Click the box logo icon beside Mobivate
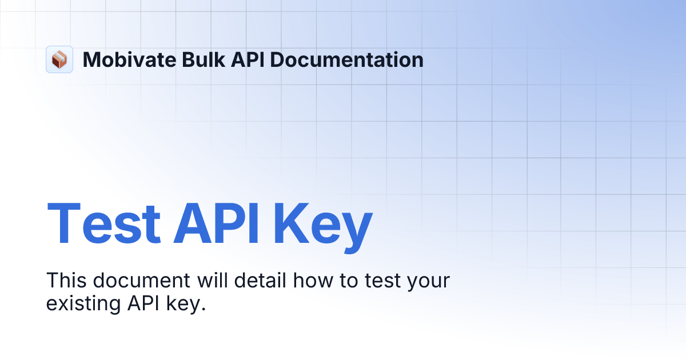[59, 59]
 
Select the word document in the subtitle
[141, 281]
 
